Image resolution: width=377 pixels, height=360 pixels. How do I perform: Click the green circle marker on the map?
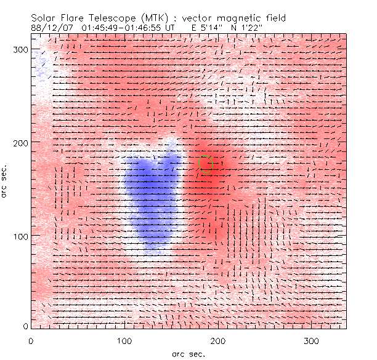[x=206, y=164]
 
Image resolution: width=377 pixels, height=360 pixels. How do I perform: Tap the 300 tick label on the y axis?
[x=20, y=49]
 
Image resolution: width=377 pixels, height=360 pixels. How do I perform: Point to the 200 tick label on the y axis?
[x=20, y=142]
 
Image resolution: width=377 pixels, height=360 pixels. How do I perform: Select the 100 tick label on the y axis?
[x=20, y=236]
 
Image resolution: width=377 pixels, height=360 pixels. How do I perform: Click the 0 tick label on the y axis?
[x=25, y=326]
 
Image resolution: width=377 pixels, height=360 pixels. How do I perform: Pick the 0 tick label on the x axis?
[x=31, y=340]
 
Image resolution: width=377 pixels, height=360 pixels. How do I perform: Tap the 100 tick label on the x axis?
[x=124, y=340]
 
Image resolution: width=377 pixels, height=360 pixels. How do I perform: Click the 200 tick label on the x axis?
[x=218, y=340]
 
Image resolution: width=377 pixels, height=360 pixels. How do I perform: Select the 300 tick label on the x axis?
[x=312, y=340]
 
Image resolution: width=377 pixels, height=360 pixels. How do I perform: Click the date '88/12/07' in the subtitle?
[x=48, y=28]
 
